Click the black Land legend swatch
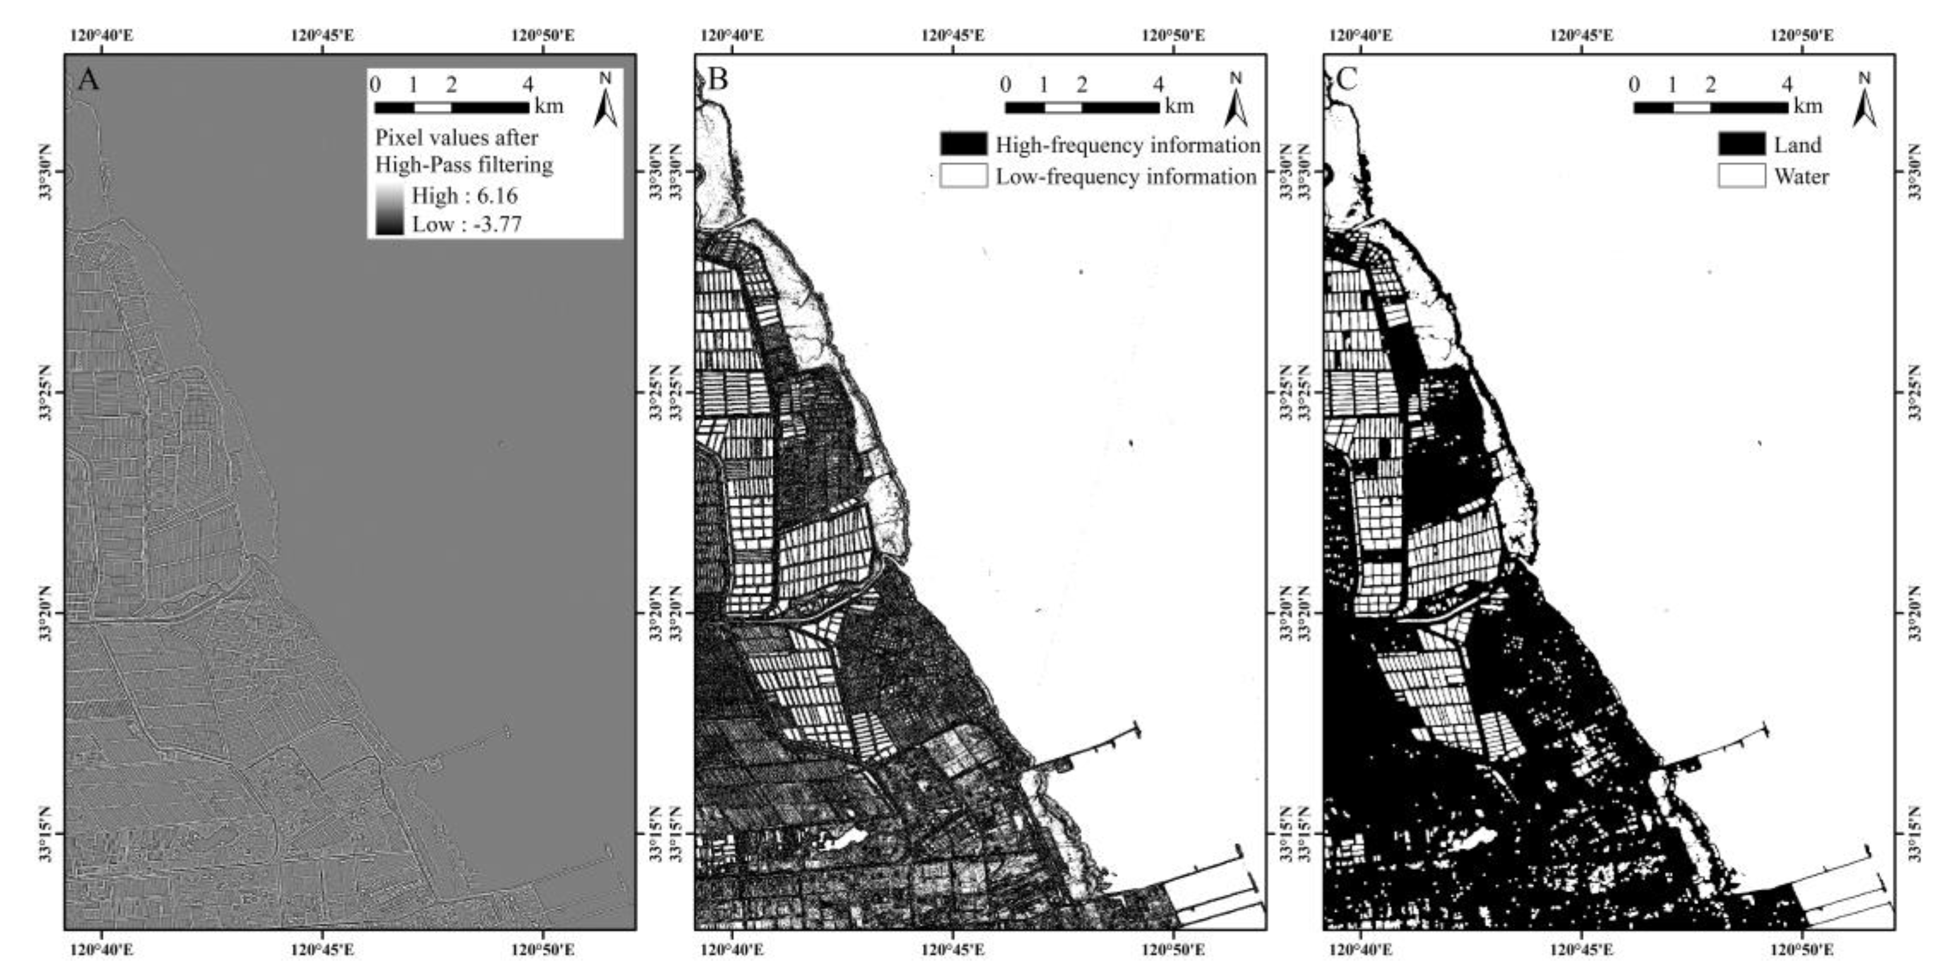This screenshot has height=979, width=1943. coord(1742,144)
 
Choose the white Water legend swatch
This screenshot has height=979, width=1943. coord(1742,176)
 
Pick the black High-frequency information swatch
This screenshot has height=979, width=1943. coord(963,144)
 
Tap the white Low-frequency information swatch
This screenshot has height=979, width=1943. coord(963,176)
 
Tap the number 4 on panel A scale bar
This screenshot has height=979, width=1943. coord(528,84)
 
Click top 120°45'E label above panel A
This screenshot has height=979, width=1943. coord(323,35)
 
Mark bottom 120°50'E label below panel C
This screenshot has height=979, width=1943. coord(1802,949)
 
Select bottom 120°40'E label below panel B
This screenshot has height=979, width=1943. coord(732,949)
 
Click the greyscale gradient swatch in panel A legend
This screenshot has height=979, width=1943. coord(390,210)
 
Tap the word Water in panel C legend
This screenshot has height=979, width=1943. coord(1801,176)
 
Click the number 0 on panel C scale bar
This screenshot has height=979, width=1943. coord(1634,84)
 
